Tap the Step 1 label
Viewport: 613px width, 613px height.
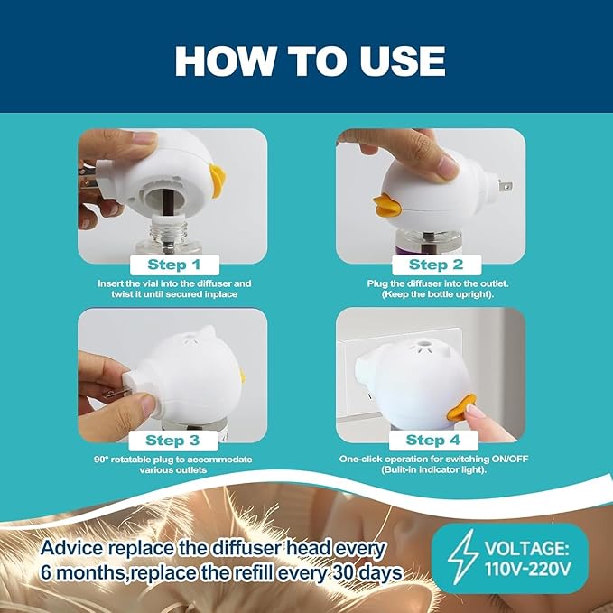pos(174,265)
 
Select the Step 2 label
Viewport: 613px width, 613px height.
pos(436,265)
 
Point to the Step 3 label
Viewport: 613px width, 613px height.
pos(172,441)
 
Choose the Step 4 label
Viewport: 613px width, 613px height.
pos(433,441)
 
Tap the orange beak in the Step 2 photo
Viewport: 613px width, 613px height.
pos(388,205)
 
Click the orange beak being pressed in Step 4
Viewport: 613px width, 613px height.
pos(461,407)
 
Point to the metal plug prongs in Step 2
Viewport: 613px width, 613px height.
pos(505,186)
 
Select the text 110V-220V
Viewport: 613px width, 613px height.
pos(528,568)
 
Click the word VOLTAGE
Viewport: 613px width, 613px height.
pos(526,548)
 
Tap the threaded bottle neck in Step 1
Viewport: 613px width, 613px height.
pos(169,229)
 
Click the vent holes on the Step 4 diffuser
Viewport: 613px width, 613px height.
pos(423,346)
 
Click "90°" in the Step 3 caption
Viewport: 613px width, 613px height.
pos(101,460)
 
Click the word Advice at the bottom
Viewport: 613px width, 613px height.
pos(72,548)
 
